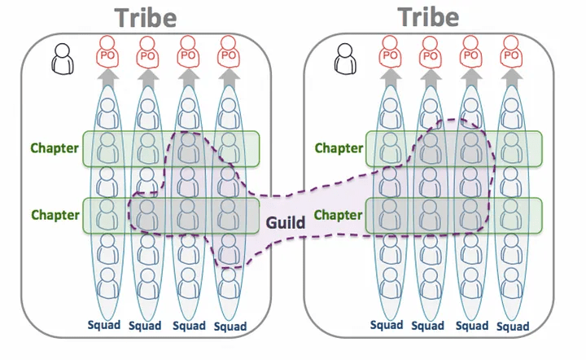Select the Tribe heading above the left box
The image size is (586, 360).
click(146, 18)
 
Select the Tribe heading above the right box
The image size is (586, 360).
click(428, 16)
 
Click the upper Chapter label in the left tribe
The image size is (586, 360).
click(55, 148)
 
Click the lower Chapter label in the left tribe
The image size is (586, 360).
click(55, 216)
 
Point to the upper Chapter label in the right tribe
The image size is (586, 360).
click(339, 148)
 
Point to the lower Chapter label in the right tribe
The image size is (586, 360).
click(339, 216)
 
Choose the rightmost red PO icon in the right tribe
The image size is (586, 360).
click(512, 54)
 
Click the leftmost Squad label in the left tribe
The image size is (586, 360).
click(103, 325)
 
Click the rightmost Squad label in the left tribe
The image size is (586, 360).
click(231, 327)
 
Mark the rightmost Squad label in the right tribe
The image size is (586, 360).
click(512, 327)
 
